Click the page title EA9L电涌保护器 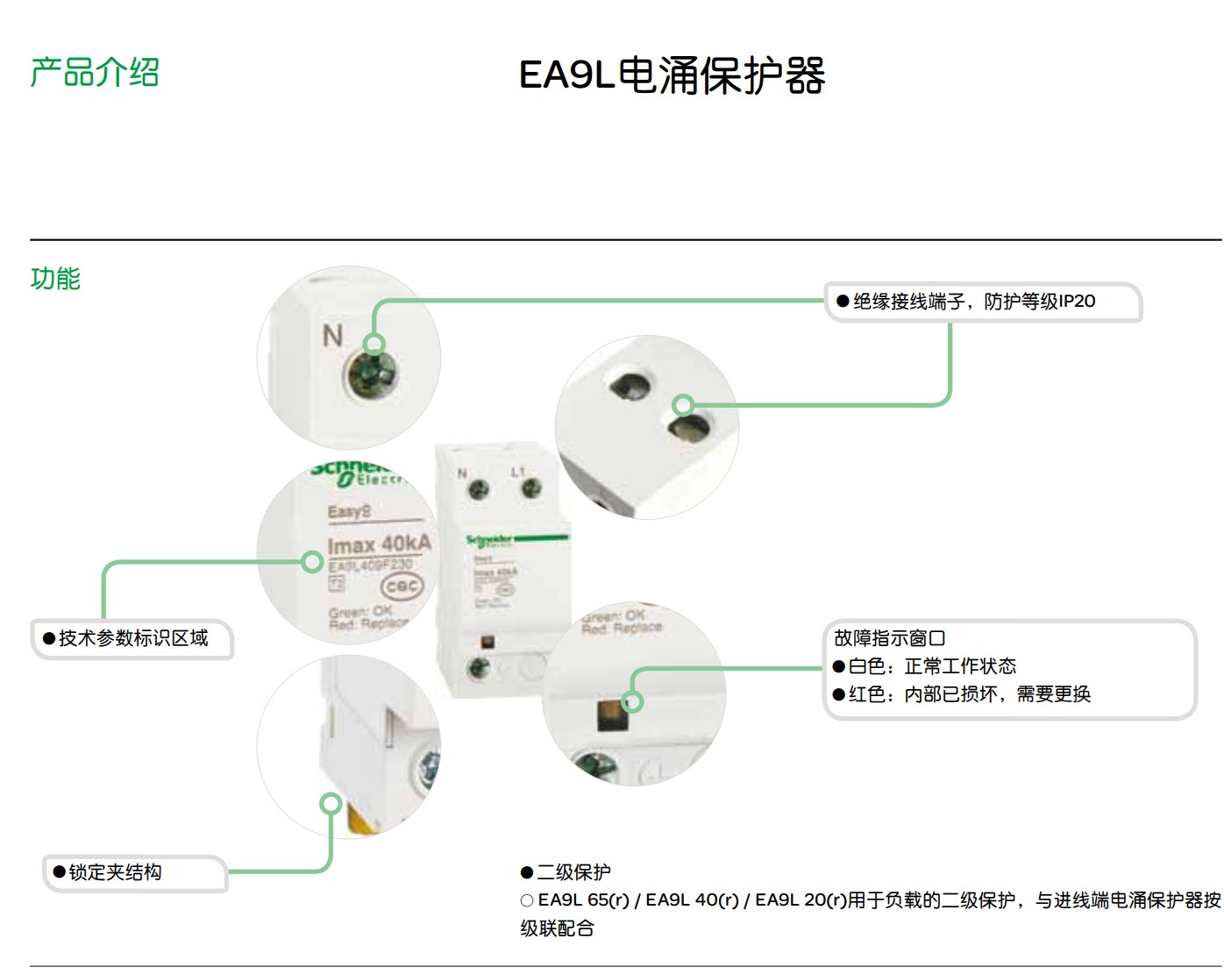[672, 75]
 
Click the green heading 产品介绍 [95, 72]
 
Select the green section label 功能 [55, 279]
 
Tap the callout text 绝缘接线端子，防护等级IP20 [973, 302]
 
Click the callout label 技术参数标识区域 [133, 638]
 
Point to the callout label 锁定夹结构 [115, 872]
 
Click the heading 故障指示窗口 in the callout [889, 638]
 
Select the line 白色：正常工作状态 [932, 666]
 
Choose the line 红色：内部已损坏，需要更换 [969, 694]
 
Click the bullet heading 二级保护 [573, 872]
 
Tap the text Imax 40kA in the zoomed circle [380, 544]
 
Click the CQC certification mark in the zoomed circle [401, 587]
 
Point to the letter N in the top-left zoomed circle [332, 336]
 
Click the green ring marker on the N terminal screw [374, 344]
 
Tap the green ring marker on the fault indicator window [632, 701]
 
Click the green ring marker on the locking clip [331, 803]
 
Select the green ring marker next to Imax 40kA [312, 562]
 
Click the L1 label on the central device [517, 472]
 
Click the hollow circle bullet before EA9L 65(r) [527, 900]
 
